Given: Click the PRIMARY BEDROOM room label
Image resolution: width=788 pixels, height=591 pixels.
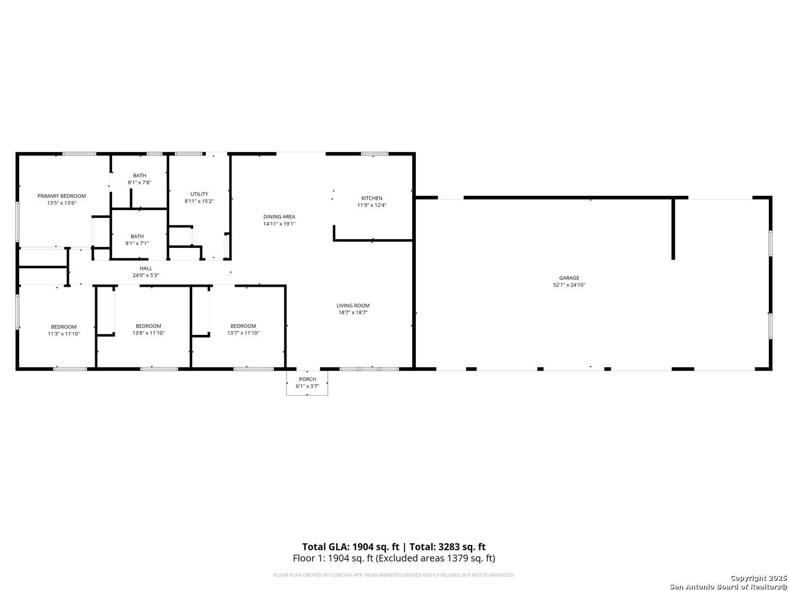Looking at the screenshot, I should pos(61,196).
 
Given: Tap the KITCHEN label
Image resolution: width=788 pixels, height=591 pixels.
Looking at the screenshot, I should pos(372,198).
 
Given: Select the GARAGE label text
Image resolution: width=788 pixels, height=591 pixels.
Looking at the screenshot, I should pos(569,278).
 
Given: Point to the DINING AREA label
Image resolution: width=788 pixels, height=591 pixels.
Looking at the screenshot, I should pos(279,217).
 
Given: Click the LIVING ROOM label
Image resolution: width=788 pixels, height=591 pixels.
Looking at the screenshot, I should pos(353,305).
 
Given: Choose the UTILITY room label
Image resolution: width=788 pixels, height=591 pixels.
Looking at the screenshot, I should pos(199,194).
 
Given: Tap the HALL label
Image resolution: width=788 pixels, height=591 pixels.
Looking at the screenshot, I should pos(146,268).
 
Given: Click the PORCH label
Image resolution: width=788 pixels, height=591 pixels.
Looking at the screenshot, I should pos(307,379).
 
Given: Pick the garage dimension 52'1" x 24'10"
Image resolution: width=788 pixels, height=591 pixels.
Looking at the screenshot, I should pos(569,285).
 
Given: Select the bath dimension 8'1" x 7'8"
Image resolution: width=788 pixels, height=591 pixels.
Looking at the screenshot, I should pos(139,182).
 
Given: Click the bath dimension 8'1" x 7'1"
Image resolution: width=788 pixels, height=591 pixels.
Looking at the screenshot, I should pos(137,244).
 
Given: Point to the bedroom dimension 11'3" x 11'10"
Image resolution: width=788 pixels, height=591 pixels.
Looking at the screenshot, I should pos(63,334).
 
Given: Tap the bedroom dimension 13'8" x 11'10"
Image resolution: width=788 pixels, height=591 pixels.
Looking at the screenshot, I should pos(148,333).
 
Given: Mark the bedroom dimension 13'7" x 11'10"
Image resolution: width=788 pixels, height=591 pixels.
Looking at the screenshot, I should pos(243,333).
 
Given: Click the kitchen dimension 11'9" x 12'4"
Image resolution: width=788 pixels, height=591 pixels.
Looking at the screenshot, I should pos(372,205).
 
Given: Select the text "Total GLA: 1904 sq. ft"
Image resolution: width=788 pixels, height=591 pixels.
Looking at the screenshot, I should pos(350,547).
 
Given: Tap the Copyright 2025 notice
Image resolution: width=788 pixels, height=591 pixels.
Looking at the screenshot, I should pos(758,578).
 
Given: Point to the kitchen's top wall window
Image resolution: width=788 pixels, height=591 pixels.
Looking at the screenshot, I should pos(374,154).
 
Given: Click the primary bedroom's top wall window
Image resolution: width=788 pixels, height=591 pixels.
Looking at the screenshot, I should pos(79,154).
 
